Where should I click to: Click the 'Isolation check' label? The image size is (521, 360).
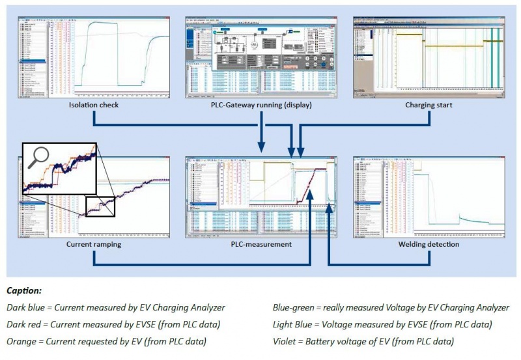point(94,105)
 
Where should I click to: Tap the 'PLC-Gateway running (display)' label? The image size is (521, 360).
point(260,105)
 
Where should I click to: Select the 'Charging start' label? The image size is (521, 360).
point(429,105)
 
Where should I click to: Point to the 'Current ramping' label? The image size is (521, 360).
point(94,245)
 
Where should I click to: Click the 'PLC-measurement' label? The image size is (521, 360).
point(260,245)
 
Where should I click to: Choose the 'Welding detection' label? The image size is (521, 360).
point(429,245)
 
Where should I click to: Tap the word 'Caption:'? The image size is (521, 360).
point(23,290)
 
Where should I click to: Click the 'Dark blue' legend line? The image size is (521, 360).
point(116,307)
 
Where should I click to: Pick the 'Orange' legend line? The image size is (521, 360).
point(106,340)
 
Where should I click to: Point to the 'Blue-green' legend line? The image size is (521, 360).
point(383,307)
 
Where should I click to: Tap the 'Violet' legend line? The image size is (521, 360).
point(363,340)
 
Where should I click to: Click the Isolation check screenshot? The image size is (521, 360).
point(94,57)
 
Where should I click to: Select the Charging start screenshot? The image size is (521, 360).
point(429,57)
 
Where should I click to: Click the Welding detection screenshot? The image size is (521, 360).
point(429,197)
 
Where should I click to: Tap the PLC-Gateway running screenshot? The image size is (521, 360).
point(260,57)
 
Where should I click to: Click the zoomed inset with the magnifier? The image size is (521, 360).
point(59,168)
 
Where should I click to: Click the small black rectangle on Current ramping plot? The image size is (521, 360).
point(100,206)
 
